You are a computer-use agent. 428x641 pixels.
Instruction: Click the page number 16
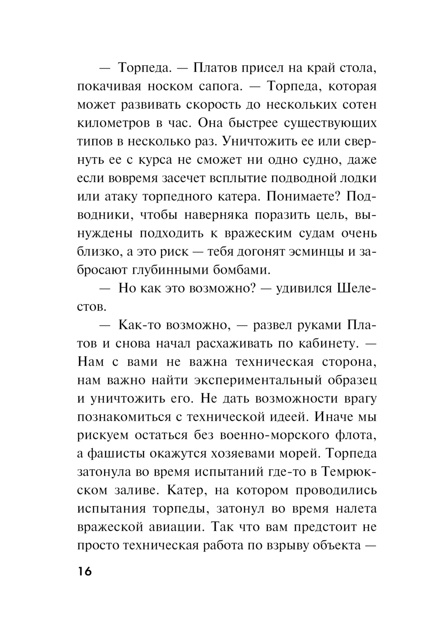point(85,571)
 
